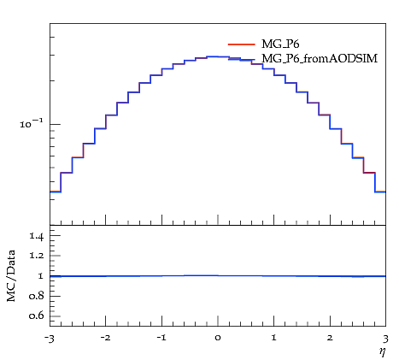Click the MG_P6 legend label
pos(280,44)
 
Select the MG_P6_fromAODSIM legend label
pos(320,58)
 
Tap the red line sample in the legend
pos(242,44)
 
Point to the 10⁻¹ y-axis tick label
pos(32,124)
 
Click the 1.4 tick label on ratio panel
pos(37,236)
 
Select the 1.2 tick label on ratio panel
pos(37,255)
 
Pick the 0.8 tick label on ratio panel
pos(37,296)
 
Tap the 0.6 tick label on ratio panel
pos(37,316)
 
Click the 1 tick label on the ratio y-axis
pos(41,276)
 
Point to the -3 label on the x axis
pos(50,339)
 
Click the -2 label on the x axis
pos(105,338)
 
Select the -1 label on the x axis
pos(161,338)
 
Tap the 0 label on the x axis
pos(218,338)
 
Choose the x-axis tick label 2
pos(330,338)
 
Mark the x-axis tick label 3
pos(385,339)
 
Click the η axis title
pos(383,352)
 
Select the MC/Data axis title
pos(11,275)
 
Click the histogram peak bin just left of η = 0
pos(212,56)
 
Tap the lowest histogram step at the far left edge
pos(56,192)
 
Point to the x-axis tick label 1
pos(274,338)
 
